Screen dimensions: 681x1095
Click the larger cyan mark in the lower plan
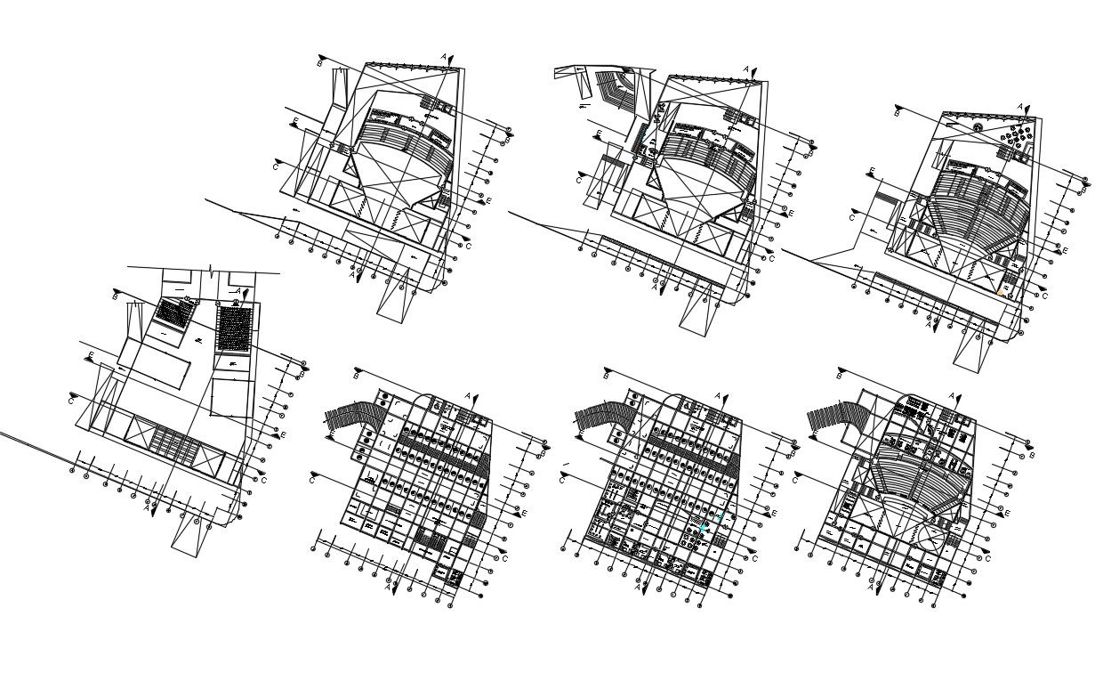click(x=703, y=529)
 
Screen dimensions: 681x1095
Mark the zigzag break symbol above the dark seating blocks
click(x=210, y=269)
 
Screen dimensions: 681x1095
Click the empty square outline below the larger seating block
click(x=229, y=396)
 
